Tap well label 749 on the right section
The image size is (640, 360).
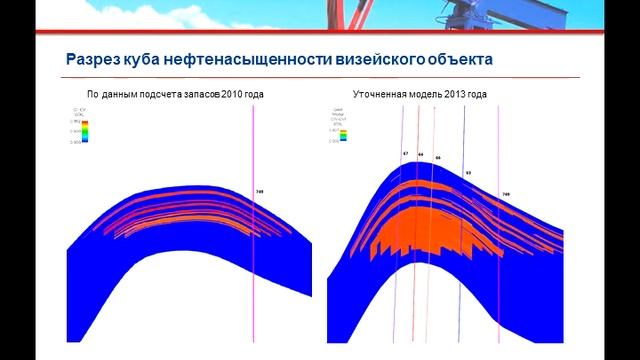[506, 194]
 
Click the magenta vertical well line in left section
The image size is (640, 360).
[254, 250]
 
